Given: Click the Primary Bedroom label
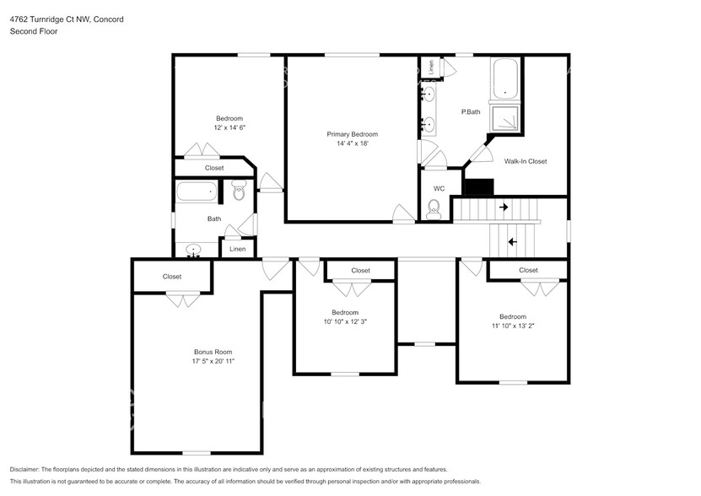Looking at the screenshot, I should (x=352, y=134).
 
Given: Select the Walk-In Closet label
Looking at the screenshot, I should (x=526, y=161).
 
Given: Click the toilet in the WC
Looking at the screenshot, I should (x=434, y=209).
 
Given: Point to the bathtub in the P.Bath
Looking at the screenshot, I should (x=506, y=78).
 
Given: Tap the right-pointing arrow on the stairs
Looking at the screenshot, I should (x=504, y=207).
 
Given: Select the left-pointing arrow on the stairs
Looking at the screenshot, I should (x=511, y=242).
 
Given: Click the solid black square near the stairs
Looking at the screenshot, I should (x=478, y=187).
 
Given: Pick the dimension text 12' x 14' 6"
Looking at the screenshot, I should (x=229, y=127).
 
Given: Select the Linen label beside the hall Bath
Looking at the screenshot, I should (x=237, y=250).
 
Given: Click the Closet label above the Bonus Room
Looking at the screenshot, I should (x=172, y=277).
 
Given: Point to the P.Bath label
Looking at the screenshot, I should (x=470, y=112).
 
